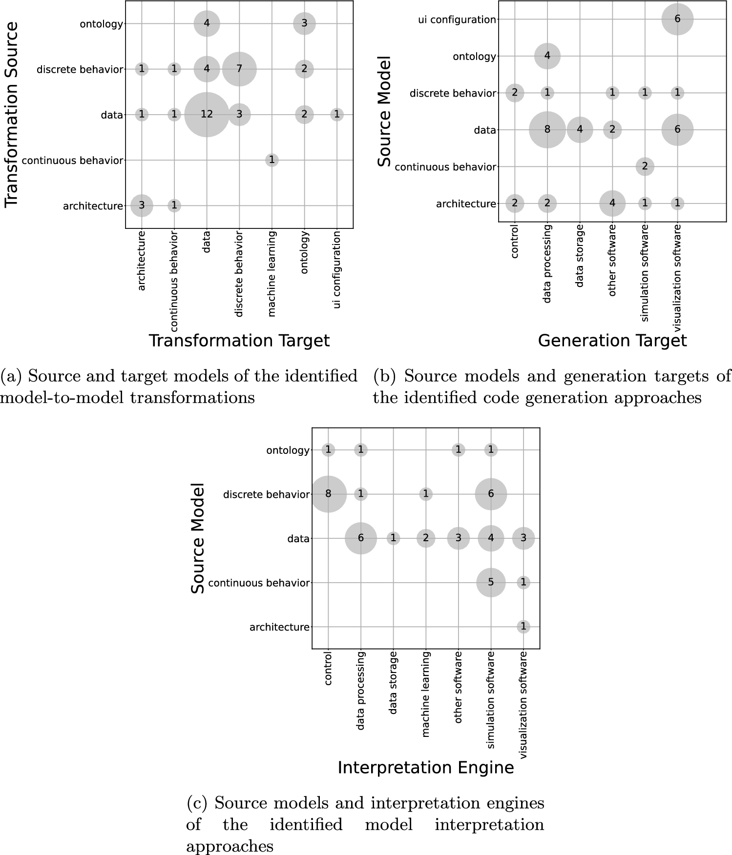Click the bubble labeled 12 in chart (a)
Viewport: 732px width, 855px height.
tap(207, 115)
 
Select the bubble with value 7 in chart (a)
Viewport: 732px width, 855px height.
tap(239, 69)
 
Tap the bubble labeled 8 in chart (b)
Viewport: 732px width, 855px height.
tap(547, 130)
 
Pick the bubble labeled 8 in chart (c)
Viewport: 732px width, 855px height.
tap(328, 494)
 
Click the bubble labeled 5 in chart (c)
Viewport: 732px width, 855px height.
tap(491, 582)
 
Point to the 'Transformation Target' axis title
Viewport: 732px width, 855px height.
tap(239, 341)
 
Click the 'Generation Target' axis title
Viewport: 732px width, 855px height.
tap(612, 341)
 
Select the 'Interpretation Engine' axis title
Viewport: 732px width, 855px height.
tap(426, 768)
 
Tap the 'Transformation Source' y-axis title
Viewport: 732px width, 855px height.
tap(12, 115)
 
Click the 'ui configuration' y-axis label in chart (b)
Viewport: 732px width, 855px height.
tap(457, 20)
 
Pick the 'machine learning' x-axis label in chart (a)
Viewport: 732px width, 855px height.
tap(272, 274)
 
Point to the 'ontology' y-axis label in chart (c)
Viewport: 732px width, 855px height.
tap(288, 450)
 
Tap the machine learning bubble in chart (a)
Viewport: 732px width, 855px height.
tap(272, 160)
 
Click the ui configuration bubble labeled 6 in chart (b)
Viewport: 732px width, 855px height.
tap(677, 20)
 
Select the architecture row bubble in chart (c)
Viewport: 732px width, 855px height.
tap(523, 627)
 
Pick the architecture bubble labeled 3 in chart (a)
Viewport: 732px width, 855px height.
tap(142, 205)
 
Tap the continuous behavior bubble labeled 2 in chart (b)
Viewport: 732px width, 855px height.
tap(645, 166)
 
